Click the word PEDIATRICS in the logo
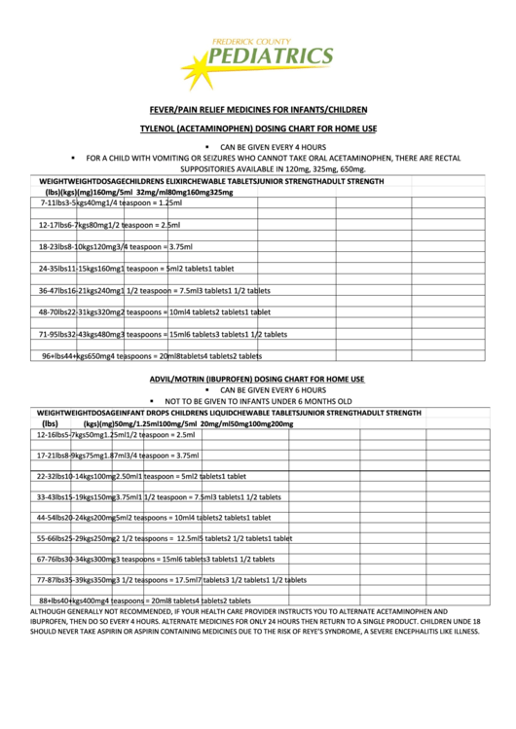[x=272, y=57]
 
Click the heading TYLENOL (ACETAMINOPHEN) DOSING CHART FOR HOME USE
[x=257, y=129]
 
